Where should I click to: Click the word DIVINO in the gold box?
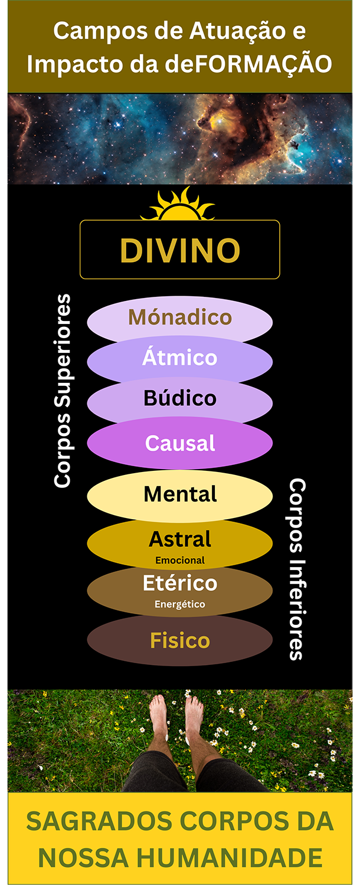[x=180, y=250]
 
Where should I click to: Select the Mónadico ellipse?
[x=180, y=318]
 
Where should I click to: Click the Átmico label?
[x=180, y=358]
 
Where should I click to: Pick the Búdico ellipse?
[x=180, y=399]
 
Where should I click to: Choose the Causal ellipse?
[x=180, y=443]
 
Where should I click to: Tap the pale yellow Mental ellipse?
[x=180, y=494]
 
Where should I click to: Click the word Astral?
[x=180, y=539]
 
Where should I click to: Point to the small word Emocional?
[x=180, y=560]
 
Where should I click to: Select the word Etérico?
[x=180, y=584]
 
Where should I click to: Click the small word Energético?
[x=180, y=604]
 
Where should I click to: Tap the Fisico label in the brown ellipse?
[x=180, y=641]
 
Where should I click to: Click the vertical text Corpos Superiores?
[x=63, y=391]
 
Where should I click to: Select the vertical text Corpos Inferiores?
[x=297, y=569]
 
